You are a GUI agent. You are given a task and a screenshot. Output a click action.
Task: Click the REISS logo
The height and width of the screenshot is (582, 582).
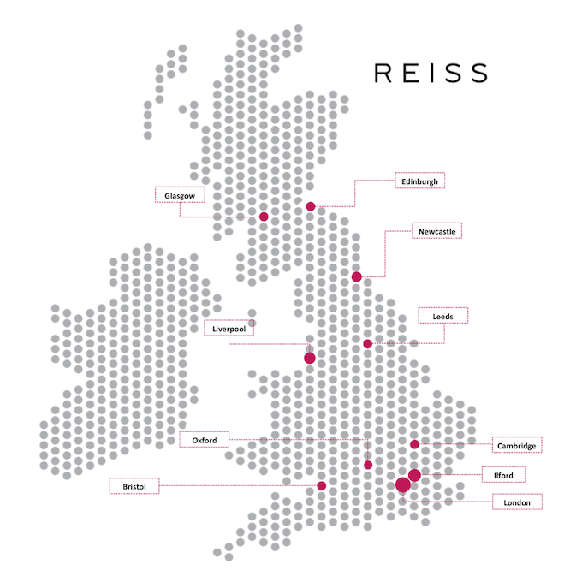(x=431, y=72)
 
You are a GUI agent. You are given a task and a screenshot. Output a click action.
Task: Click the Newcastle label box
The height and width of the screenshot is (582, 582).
(x=436, y=231)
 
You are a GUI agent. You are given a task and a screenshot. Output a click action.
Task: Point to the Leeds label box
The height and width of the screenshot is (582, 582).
(x=442, y=316)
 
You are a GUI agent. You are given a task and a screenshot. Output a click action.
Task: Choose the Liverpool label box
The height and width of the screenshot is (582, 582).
(x=229, y=328)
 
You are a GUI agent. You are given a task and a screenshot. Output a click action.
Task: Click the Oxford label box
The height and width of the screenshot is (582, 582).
(x=205, y=440)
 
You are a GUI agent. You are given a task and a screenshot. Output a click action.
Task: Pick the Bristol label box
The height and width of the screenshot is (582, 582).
(x=135, y=486)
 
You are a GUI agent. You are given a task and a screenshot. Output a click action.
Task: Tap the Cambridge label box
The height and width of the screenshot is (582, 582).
(x=518, y=445)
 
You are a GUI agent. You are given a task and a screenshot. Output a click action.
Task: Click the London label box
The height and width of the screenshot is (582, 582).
(x=517, y=502)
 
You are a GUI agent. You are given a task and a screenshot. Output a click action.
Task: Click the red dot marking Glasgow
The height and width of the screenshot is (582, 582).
(x=264, y=217)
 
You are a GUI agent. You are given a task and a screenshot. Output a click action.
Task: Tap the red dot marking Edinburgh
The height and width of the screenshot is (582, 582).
(x=311, y=206)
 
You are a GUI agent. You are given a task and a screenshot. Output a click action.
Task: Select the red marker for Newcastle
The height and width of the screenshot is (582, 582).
(x=357, y=276)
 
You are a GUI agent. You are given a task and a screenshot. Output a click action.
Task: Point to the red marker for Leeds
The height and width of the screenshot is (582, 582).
(x=368, y=343)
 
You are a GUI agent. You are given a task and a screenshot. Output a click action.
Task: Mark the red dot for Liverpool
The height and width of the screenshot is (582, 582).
(x=310, y=358)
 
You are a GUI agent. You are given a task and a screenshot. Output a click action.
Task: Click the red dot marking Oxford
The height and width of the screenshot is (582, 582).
(x=368, y=465)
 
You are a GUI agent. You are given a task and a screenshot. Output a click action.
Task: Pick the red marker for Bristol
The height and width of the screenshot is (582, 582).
(x=322, y=486)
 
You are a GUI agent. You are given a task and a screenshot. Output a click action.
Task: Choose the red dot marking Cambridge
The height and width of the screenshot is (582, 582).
(x=414, y=444)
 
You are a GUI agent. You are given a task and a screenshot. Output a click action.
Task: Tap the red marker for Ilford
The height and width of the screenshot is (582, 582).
(x=414, y=475)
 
